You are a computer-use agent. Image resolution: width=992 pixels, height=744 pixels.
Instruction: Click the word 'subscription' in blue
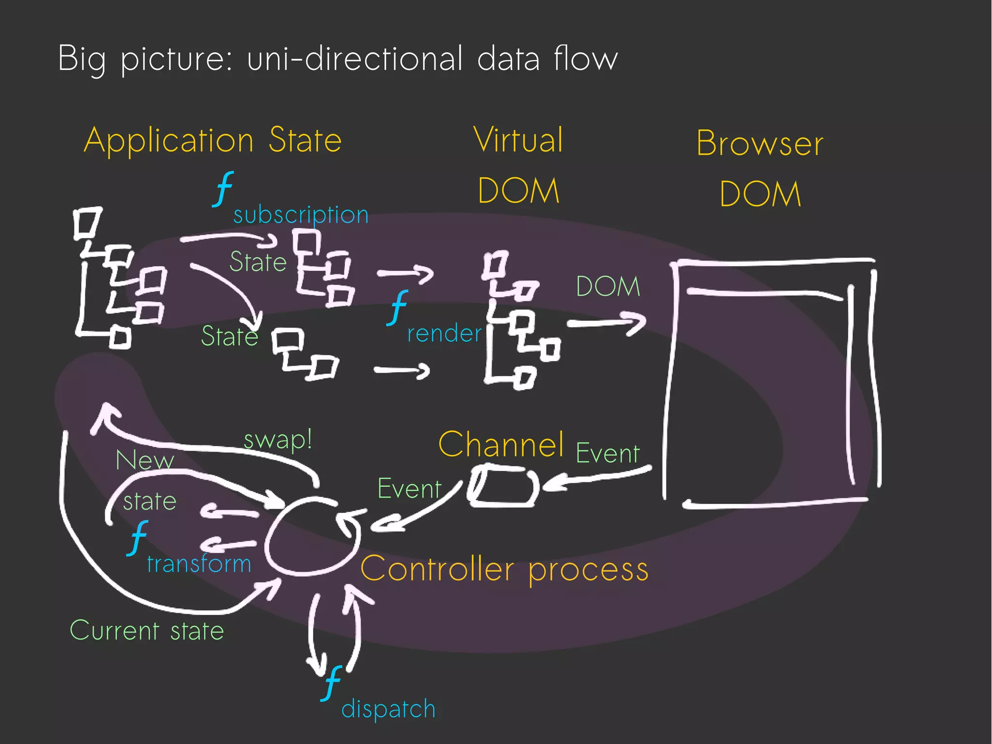[301, 215]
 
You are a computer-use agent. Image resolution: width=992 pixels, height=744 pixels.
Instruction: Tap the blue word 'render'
[444, 333]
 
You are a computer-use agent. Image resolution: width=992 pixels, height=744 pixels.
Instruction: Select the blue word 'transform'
[199, 564]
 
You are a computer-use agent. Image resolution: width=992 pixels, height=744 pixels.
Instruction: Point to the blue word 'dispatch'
[388, 709]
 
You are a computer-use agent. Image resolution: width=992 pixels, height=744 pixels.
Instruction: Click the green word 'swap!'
[278, 440]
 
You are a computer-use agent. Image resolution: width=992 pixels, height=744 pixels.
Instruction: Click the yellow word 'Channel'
[501, 444]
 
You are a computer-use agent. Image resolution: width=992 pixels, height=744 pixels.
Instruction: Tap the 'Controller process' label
[504, 570]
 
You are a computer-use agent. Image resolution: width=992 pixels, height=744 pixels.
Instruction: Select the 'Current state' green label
[147, 631]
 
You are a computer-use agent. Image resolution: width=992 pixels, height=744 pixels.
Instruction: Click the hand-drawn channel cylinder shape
[503, 486]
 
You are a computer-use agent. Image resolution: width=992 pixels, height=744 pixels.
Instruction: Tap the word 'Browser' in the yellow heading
[759, 144]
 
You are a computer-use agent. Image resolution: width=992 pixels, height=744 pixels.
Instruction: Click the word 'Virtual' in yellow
[518, 140]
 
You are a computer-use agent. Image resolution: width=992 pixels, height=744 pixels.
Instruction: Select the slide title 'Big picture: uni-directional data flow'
[338, 59]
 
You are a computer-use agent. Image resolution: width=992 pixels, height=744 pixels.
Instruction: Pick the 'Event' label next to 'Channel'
[608, 454]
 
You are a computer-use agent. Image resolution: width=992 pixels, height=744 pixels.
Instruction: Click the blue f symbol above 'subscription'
[223, 189]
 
